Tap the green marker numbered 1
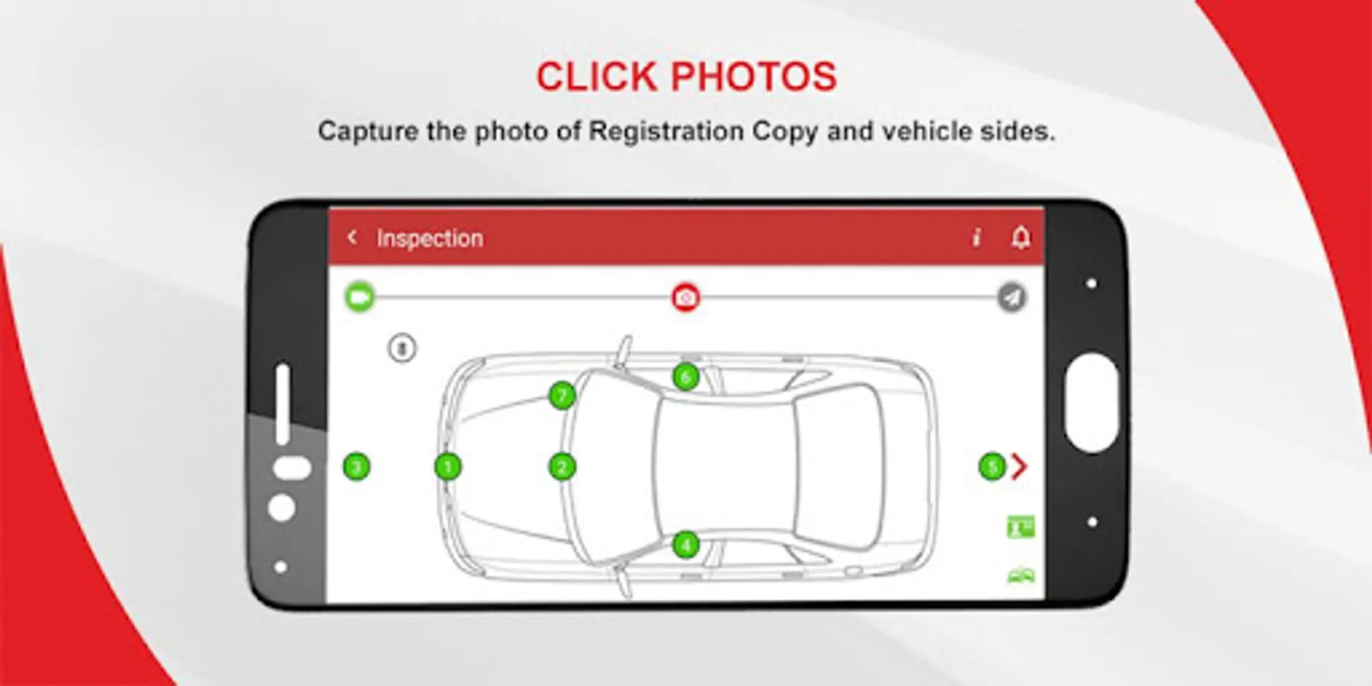coord(447,466)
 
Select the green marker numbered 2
coord(562,466)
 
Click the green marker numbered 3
coord(357,466)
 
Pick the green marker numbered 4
coord(686,544)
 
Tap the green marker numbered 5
coord(992,466)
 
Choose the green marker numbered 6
coord(686,376)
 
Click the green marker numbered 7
coord(562,395)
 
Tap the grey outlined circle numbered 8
coord(402,349)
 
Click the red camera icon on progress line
coord(685,297)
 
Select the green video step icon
coord(360,297)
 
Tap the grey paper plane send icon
coord(1011,297)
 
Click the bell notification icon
coord(1021,237)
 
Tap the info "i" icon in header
coord(976,238)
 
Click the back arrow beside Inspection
coord(351,237)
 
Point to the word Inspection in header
coord(429,239)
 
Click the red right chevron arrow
coord(1019,466)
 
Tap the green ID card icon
coord(1021,527)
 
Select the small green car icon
coord(1021,575)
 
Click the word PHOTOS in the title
coord(754,77)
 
